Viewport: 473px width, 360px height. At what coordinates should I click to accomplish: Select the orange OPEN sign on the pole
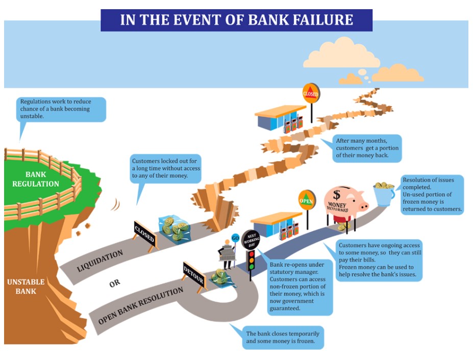click(x=307, y=200)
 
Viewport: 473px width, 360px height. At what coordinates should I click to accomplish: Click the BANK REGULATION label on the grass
click(x=36, y=179)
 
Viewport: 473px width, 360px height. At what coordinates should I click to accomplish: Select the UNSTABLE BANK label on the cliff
click(x=26, y=286)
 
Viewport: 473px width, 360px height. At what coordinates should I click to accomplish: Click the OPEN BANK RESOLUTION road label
click(x=140, y=306)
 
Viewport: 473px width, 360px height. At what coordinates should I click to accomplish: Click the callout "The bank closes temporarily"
click(x=283, y=337)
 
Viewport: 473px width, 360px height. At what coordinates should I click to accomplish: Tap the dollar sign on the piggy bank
click(x=337, y=194)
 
